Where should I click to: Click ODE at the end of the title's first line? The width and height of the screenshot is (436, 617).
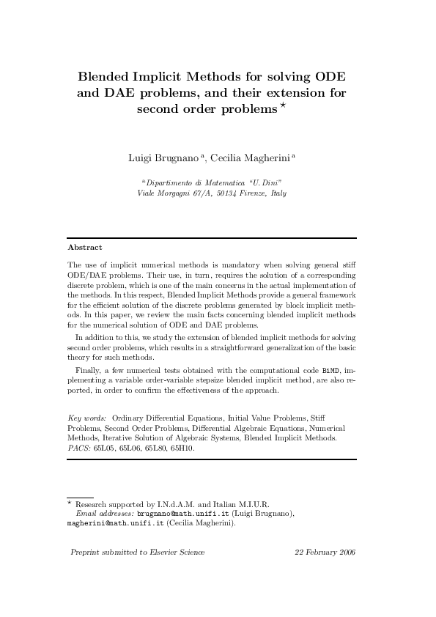click(x=330, y=76)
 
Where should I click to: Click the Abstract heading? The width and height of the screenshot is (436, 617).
click(x=84, y=247)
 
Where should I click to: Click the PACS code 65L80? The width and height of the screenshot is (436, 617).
click(x=155, y=447)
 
